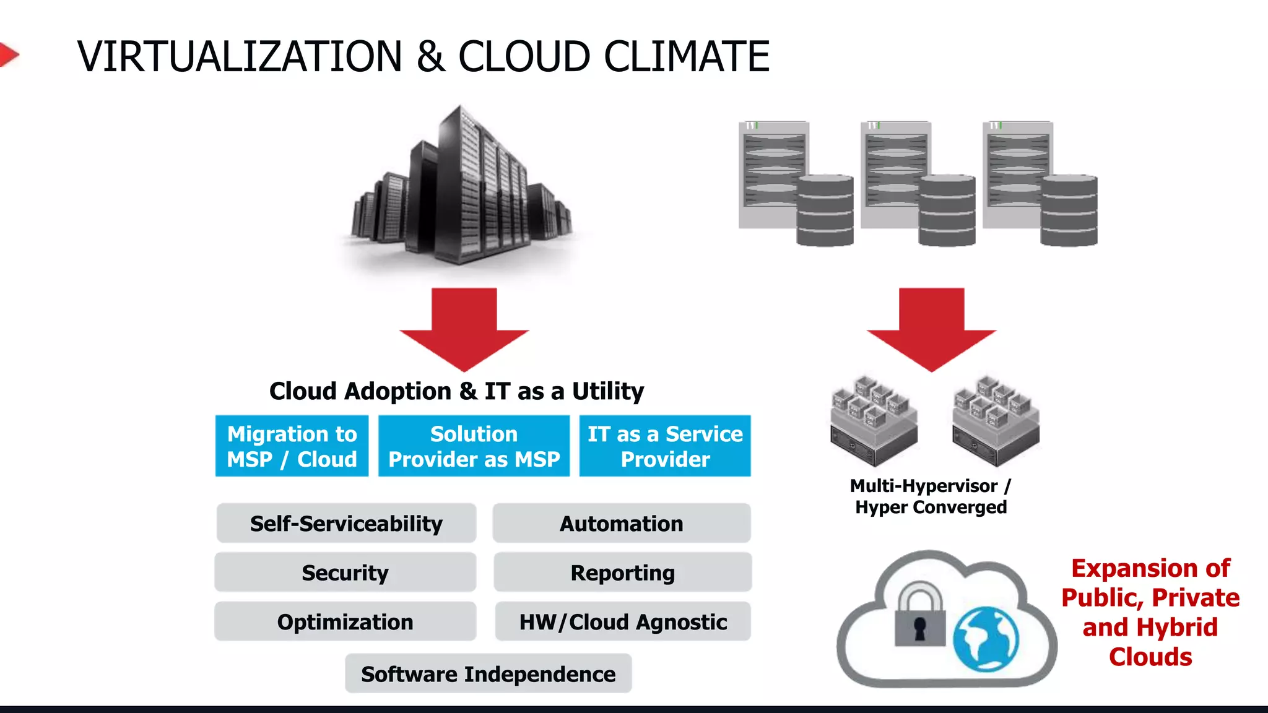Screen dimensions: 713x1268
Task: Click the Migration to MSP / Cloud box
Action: (292, 446)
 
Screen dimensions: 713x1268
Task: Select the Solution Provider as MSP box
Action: (474, 446)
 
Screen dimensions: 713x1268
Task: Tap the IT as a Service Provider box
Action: (665, 446)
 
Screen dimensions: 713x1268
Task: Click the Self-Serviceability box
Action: (346, 524)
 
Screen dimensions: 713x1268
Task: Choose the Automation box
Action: (622, 524)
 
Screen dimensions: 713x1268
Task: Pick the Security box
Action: (345, 573)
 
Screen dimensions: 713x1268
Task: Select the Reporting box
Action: (622, 573)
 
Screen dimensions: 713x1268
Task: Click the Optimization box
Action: (345, 621)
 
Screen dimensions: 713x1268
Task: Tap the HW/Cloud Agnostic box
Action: (623, 621)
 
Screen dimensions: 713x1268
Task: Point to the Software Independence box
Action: (488, 673)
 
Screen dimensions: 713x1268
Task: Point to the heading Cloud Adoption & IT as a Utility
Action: (456, 391)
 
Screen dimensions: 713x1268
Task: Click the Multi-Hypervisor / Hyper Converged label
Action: (931, 496)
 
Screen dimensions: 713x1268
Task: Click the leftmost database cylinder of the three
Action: (825, 210)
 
